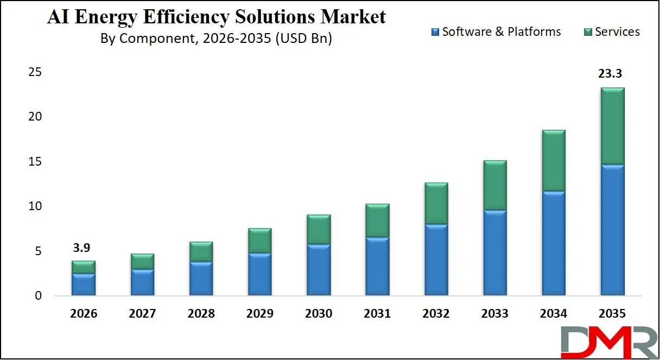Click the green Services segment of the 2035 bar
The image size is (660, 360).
[612, 126]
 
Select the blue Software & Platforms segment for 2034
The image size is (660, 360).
[554, 243]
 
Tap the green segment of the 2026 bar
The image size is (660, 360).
[84, 267]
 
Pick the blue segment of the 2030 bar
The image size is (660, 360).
[319, 270]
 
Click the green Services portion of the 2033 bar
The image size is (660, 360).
[494, 185]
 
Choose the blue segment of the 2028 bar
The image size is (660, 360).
[201, 279]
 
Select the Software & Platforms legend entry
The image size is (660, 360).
[496, 31]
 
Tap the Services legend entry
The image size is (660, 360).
[612, 31]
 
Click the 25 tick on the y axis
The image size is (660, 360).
[36, 72]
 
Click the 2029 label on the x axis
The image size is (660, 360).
[259, 314]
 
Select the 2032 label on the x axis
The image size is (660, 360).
[436, 314]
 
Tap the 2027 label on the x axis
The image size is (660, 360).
[142, 314]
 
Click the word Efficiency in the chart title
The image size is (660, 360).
[200, 17]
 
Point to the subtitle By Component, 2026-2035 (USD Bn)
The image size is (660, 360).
[216, 39]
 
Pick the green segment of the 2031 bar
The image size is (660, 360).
[377, 220]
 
